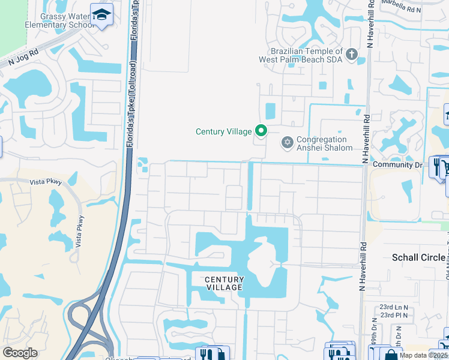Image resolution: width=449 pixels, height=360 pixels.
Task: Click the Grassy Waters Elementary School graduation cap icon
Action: click(102, 14)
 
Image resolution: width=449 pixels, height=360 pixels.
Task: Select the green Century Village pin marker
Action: click(261, 130)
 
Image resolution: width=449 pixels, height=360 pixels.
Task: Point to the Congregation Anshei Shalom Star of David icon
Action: click(287, 142)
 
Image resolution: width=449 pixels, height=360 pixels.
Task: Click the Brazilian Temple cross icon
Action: click(352, 55)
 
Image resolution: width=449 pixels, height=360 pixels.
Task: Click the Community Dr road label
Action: click(397, 164)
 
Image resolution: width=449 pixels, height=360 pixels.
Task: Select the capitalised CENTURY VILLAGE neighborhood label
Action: click(224, 283)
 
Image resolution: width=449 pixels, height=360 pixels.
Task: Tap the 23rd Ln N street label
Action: click(393, 307)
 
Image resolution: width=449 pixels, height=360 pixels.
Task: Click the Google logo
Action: click(20, 353)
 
